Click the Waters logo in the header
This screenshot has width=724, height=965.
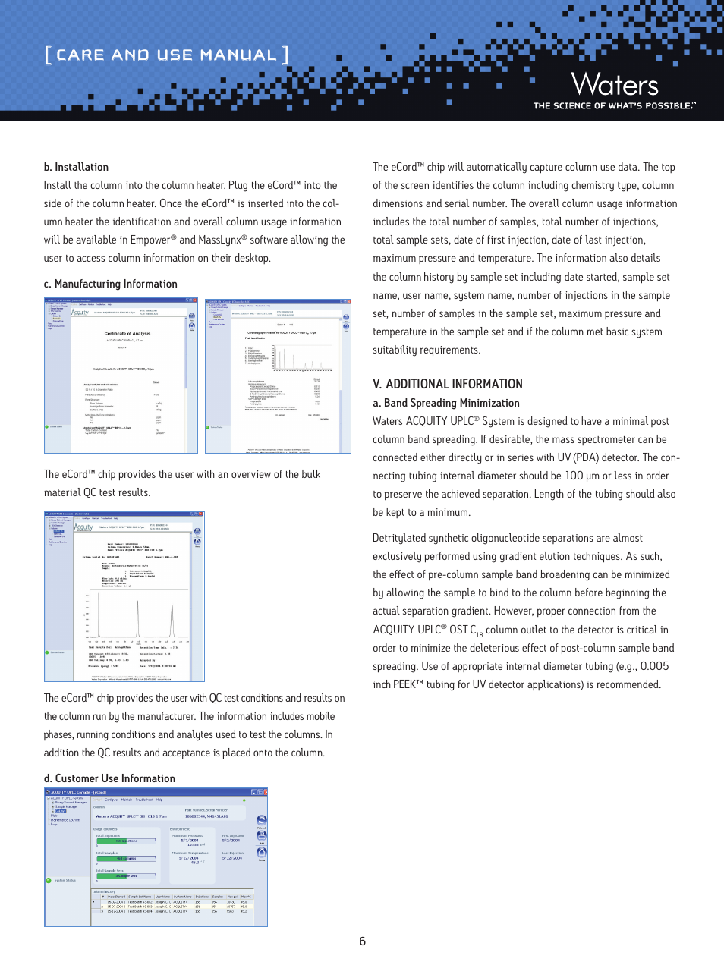614,84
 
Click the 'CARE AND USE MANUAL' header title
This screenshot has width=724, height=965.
166,55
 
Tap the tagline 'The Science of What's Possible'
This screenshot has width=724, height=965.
613,106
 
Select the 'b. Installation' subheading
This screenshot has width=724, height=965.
76,167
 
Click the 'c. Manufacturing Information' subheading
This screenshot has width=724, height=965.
110,284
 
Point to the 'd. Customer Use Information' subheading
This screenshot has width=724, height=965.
109,778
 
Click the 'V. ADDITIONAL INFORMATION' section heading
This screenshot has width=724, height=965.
447,384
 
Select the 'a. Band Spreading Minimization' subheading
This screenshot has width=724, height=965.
445,403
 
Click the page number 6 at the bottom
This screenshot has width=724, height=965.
362,941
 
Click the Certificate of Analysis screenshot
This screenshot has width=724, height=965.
121,376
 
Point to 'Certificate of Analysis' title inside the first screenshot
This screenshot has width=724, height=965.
127,333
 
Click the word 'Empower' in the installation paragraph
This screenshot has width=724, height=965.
150,240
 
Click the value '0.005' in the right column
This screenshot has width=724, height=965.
654,666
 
